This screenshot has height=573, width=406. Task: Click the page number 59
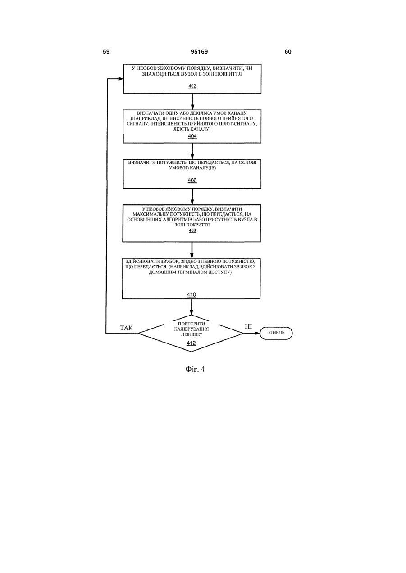pyautogui.click(x=106, y=52)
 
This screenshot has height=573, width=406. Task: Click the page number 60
pyautogui.click(x=288, y=52)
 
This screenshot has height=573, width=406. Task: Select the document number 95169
pyautogui.click(x=199, y=52)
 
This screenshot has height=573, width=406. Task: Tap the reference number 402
pyautogui.click(x=192, y=86)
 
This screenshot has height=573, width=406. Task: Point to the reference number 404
pyautogui.click(x=192, y=136)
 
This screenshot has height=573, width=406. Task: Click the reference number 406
pyautogui.click(x=192, y=180)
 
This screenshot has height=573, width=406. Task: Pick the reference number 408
pyautogui.click(x=192, y=230)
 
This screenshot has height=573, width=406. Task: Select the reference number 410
pyautogui.click(x=192, y=294)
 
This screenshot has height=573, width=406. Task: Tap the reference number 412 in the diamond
pyautogui.click(x=191, y=343)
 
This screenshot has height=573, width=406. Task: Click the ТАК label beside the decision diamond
pyautogui.click(x=126, y=328)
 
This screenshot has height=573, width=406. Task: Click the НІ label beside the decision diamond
pyautogui.click(x=248, y=326)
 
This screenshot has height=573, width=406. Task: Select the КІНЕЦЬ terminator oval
pyautogui.click(x=276, y=333)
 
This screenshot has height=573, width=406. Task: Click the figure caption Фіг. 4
pyautogui.click(x=195, y=369)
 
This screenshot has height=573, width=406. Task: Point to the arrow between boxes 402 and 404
pyautogui.click(x=192, y=102)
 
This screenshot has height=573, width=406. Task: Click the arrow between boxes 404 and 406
pyautogui.click(x=192, y=151)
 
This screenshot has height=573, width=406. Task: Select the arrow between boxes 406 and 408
pyautogui.click(x=192, y=196)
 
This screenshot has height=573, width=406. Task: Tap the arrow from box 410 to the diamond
pyautogui.click(x=192, y=307)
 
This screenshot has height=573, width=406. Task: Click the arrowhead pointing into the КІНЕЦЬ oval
pyautogui.click(x=257, y=333)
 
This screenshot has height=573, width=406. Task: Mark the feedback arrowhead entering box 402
pyautogui.click(x=121, y=79)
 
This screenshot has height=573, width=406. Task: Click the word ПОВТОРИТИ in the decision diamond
pyautogui.click(x=192, y=324)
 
